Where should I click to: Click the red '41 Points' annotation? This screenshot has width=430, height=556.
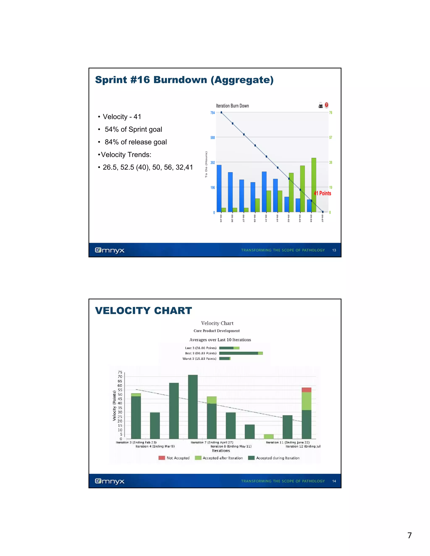coord(322,193)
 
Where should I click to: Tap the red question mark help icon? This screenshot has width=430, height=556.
coord(326,105)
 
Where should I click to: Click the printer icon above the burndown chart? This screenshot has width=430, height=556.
coord(320,105)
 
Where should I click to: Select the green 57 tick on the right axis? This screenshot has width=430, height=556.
coord(331,137)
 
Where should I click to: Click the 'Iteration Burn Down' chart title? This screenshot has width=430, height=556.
coord(232,106)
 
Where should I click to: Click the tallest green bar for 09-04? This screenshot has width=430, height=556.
coord(314,185)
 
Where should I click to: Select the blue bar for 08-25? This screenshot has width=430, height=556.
coord(219,188)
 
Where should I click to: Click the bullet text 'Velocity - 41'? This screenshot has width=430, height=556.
coord(122,117)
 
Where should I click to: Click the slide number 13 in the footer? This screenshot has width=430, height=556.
coord(334,250)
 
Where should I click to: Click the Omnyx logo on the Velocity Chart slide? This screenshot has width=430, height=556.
coord(110,481)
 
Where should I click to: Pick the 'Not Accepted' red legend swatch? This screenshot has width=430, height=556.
coord(162,458)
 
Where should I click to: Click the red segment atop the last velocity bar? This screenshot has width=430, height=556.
coord(307,390)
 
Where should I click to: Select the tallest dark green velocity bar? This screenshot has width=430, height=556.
coord(193,407)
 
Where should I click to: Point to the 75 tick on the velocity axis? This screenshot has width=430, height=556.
coord(120,372)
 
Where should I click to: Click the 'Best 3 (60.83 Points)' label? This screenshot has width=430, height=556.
coord(201,353)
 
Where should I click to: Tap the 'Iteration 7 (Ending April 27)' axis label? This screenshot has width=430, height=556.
coord(212,442)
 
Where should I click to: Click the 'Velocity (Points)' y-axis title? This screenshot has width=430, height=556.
coord(114,406)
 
